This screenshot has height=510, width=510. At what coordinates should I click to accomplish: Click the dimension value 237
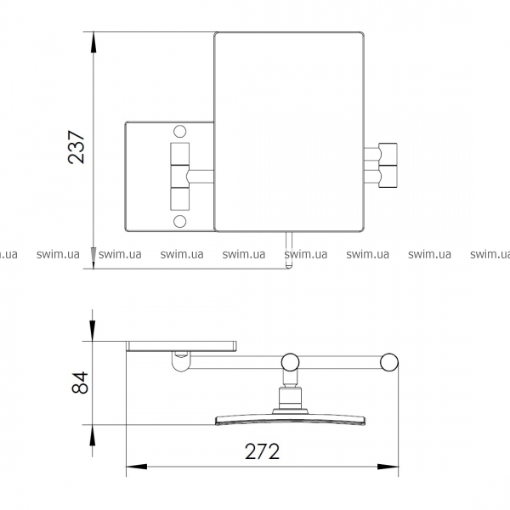coord(76,147)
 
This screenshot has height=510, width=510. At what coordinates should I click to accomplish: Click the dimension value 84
coord(80,382)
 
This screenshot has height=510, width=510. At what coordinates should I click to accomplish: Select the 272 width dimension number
coord(262,451)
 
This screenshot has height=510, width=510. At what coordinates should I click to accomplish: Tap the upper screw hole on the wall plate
coord(180,132)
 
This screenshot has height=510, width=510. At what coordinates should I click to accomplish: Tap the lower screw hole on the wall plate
coord(180,222)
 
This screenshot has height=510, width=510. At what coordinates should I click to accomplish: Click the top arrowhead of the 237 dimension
coord(93,42)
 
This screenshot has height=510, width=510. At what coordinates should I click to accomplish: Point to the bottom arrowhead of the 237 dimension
coord(93,258)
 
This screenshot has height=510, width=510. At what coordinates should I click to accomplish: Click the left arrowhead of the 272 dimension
coord(137,467)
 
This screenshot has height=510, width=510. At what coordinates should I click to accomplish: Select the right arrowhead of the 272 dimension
coord(388,467)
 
